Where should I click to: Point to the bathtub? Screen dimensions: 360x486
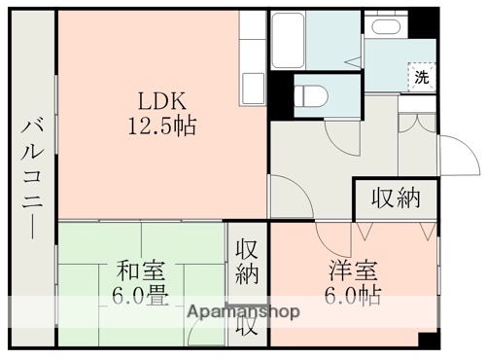point(302,39)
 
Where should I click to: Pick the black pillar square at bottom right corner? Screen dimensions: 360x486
point(427,341)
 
